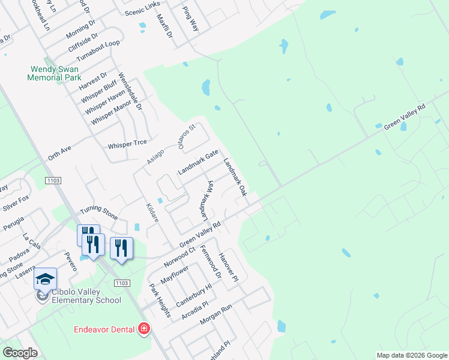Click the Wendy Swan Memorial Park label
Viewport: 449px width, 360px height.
pyautogui.click(x=55, y=73)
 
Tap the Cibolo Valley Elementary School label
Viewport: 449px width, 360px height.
pyautogui.click(x=86, y=296)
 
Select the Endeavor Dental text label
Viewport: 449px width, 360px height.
pyautogui.click(x=105, y=329)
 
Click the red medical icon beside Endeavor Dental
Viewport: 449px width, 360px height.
pyautogui.click(x=143, y=329)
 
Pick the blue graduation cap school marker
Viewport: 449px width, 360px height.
pyautogui.click(x=45, y=279)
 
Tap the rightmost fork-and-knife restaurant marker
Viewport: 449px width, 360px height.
pyautogui.click(x=121, y=248)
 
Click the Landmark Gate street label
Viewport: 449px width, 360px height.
pyautogui.click(x=198, y=163)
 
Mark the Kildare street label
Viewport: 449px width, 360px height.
pyautogui.click(x=152, y=213)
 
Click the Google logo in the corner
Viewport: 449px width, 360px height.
pyautogui.click(x=19, y=352)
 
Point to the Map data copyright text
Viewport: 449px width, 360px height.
pyautogui.click(x=411, y=355)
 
